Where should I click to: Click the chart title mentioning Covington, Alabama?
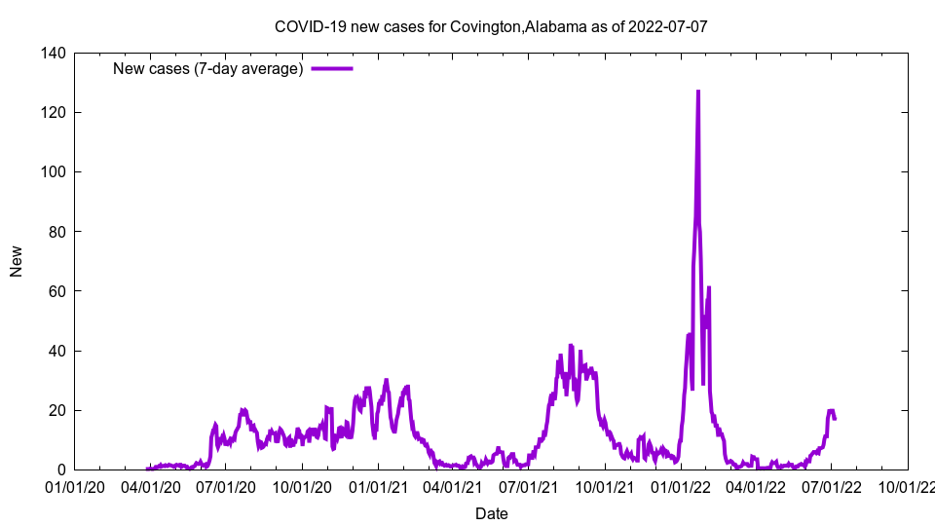(491, 26)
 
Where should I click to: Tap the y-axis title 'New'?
(17, 262)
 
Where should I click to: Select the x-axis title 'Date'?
(491, 512)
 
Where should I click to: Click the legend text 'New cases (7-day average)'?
(207, 68)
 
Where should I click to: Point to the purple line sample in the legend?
(331, 68)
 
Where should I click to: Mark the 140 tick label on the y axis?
(54, 53)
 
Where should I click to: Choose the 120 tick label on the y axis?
(54, 112)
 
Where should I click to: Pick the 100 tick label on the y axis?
(54, 171)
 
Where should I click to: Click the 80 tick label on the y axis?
(57, 232)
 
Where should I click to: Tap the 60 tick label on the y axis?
(57, 291)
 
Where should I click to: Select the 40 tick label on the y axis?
(57, 351)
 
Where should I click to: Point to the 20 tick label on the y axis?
(57, 410)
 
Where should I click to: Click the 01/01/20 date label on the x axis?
(74, 486)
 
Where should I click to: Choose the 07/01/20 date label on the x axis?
(225, 486)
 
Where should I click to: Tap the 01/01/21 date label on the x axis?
(378, 486)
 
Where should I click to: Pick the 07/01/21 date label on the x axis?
(528, 486)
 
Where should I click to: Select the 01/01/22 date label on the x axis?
(681, 486)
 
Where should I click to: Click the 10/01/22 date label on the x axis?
(908, 486)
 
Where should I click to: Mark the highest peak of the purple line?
(697, 92)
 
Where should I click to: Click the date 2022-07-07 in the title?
(668, 26)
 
